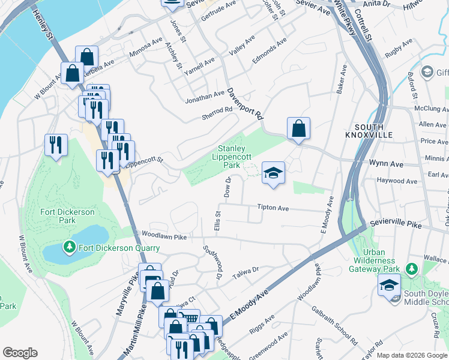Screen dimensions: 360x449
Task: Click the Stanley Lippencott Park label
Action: point(231,157)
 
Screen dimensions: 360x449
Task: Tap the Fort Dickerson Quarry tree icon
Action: point(70,247)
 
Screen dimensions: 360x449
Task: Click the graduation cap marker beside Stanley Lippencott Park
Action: point(273,173)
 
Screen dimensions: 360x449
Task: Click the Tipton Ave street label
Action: point(273,208)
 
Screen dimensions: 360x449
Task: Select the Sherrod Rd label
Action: point(217,112)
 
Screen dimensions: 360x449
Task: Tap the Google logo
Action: point(20,353)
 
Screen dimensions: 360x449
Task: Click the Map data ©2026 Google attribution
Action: point(412,355)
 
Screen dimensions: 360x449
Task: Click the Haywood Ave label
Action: point(396,181)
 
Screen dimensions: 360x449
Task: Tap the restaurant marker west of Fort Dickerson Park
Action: point(56,145)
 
